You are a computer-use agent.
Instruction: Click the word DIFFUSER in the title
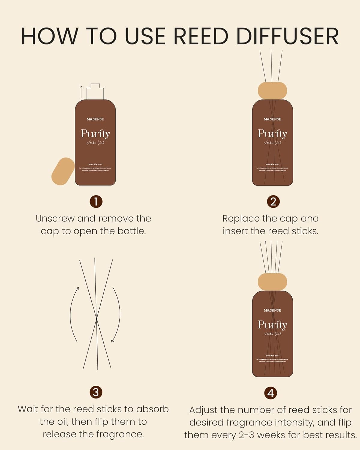point(287,36)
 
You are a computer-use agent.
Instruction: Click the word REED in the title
point(201,36)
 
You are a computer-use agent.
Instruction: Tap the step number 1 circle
point(96,202)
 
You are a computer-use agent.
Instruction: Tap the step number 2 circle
point(273,202)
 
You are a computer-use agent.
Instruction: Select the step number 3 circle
point(96,392)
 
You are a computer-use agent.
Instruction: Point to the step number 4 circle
point(271,393)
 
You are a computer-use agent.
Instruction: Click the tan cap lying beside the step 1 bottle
point(63,171)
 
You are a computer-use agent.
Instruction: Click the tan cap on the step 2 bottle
point(272,90)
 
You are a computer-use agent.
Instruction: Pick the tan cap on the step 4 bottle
point(272,281)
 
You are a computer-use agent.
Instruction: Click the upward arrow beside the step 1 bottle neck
point(81,91)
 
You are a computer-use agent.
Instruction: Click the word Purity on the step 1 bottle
point(95,133)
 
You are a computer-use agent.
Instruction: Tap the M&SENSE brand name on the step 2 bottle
point(272,119)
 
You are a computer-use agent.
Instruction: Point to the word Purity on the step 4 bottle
point(272,325)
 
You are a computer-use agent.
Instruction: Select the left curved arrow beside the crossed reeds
point(73,313)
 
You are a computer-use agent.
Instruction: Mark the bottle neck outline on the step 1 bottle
point(95,91)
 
